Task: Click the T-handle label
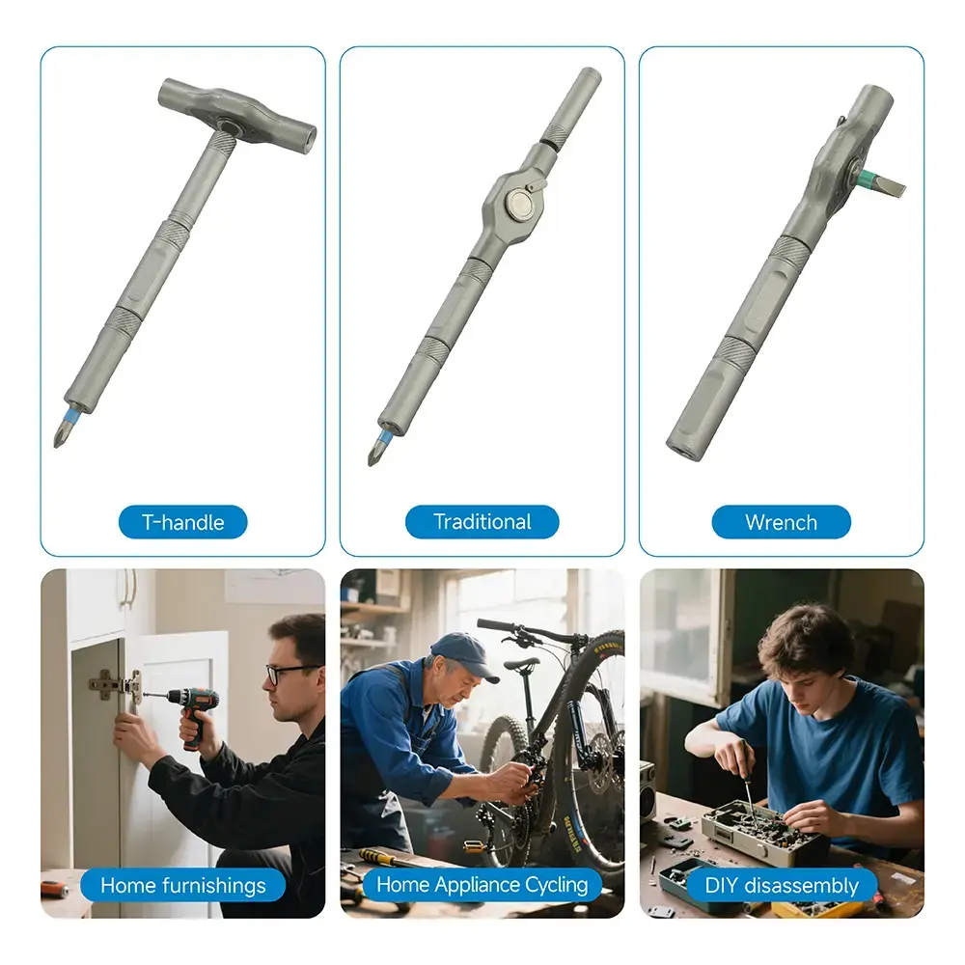point(182,522)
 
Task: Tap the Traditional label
point(482,522)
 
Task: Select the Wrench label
point(781,522)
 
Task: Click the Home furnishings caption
point(182,885)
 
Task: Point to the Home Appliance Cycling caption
point(482,884)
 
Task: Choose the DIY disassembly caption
point(781,885)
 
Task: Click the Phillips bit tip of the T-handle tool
point(57,444)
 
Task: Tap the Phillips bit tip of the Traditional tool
point(371,463)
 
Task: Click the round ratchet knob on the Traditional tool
point(518,204)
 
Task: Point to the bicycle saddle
point(522,664)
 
